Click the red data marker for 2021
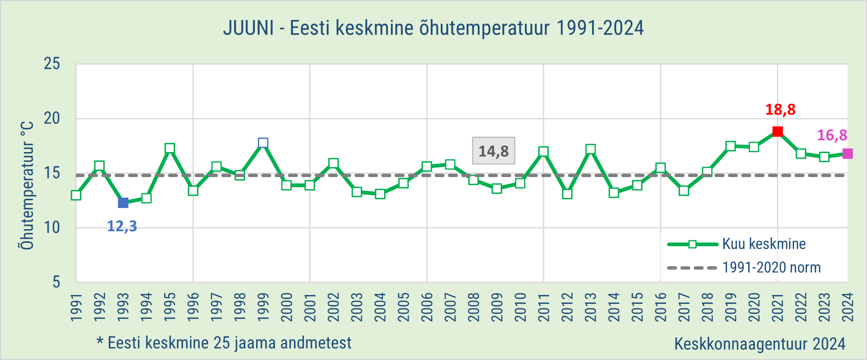tap(777, 132)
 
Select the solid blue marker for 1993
tap(123, 203)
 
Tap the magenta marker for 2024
tap(847, 154)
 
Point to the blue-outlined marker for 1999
tap(263, 143)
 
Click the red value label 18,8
tap(780, 110)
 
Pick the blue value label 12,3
tap(122, 226)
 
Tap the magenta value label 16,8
tap(832, 135)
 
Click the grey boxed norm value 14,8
tap(494, 151)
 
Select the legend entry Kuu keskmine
tap(737, 244)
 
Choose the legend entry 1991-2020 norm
tap(744, 267)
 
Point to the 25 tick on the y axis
tap(52, 64)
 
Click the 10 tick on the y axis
tap(52, 228)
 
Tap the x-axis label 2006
tap(427, 307)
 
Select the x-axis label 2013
tap(590, 307)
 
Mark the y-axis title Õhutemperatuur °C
tap(27, 186)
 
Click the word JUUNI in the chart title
tap(249, 28)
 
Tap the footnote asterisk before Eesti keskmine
tap(100, 342)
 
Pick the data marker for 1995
tap(170, 148)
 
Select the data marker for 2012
tap(567, 194)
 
